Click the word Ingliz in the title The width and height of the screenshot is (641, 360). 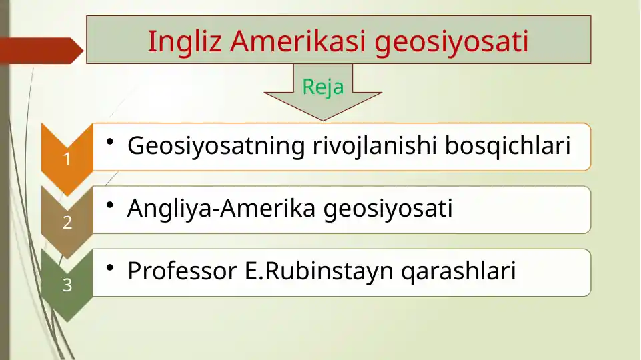[x=185, y=42]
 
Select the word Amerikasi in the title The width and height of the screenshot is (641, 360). [x=297, y=41]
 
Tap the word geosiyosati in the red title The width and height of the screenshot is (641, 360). [x=452, y=43]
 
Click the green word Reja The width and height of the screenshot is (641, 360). [x=323, y=87]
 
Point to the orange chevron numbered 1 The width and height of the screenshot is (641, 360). [x=67, y=159]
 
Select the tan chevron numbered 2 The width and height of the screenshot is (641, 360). [x=67, y=222]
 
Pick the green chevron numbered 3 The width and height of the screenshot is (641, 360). [x=67, y=285]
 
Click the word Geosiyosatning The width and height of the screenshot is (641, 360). [x=216, y=146]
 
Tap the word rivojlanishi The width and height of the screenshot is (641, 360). [x=375, y=146]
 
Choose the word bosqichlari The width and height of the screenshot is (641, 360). [x=508, y=146]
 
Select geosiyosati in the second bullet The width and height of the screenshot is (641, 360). [x=388, y=209]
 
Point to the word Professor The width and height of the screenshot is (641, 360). [x=182, y=271]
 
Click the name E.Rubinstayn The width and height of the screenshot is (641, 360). [x=319, y=271]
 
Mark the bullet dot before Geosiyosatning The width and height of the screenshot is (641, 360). [x=109, y=142]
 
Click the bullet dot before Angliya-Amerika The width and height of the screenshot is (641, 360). [x=109, y=205]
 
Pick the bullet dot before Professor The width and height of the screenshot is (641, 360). [x=109, y=267]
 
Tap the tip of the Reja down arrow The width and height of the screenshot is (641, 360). [x=323, y=121]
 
